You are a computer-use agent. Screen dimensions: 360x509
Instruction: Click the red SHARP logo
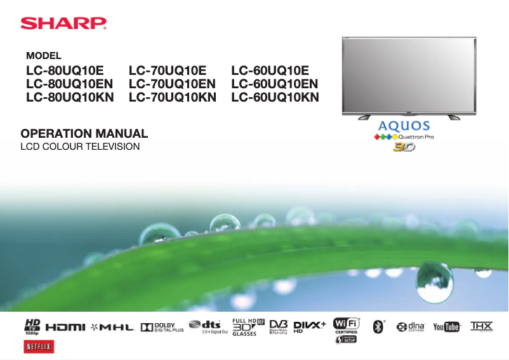[63, 23]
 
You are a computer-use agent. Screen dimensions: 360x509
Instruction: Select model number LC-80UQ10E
[64, 70]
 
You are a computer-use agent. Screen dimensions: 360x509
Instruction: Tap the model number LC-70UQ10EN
[172, 83]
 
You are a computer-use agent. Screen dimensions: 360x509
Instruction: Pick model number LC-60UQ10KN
[275, 97]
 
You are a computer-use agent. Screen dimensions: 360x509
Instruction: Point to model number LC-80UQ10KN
[70, 97]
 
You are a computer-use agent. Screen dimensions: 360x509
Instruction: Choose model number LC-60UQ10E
[270, 70]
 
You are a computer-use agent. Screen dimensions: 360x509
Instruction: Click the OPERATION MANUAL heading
[84, 134]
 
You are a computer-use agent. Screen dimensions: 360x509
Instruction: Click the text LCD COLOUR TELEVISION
[80, 147]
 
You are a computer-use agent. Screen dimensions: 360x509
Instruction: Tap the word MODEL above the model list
[43, 56]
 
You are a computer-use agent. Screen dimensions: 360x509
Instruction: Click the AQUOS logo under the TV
[404, 126]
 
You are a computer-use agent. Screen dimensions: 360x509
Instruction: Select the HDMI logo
[65, 327]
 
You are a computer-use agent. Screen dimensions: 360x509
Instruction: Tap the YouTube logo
[447, 326]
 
